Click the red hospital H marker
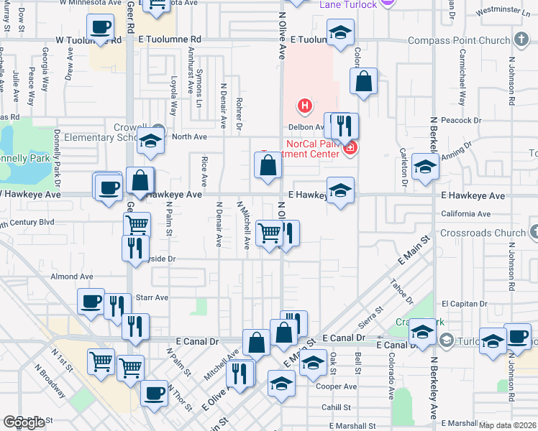click(305, 107)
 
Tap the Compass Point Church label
click(459, 41)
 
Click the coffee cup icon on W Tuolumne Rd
click(101, 29)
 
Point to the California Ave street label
click(465, 214)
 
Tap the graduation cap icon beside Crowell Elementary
click(150, 141)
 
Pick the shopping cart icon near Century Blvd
click(137, 225)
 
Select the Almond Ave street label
click(72, 276)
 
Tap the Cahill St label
click(336, 407)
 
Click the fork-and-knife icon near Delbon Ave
click(344, 126)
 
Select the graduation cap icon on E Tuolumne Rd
click(340, 32)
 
